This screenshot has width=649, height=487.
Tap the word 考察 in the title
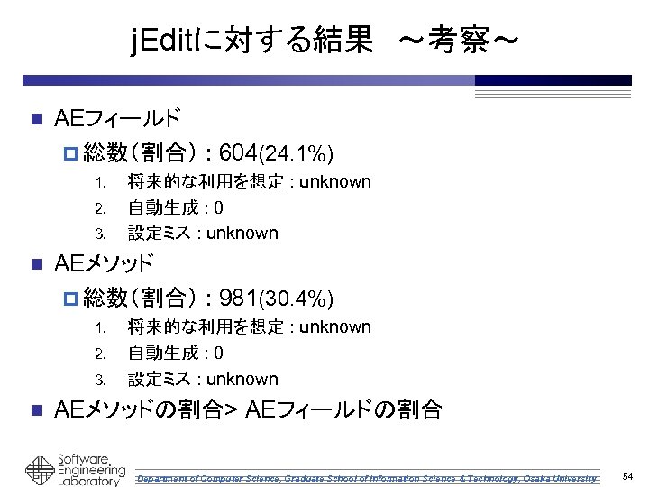461,40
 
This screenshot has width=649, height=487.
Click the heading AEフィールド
117,118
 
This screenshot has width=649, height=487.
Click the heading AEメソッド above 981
104,263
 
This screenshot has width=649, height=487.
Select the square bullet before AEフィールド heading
35,119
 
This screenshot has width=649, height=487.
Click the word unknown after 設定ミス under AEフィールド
242,234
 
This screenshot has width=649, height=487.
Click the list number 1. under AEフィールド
103,183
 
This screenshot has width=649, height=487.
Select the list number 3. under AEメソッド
103,380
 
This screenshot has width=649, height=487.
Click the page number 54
628,475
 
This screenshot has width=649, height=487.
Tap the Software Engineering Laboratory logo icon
40,470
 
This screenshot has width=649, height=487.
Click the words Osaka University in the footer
563,477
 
